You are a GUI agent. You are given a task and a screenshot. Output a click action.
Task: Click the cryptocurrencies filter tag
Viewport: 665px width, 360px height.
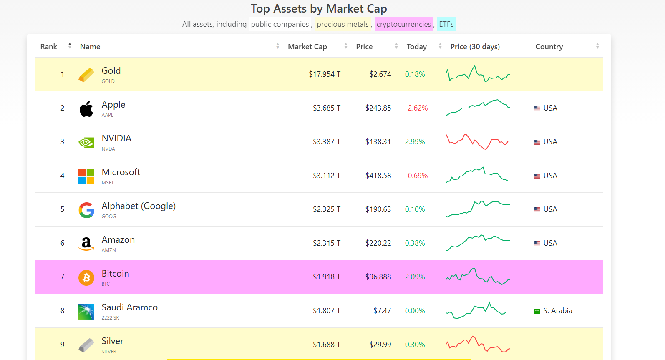[403, 24]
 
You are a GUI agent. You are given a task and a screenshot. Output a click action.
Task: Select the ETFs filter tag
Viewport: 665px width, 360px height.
[446, 24]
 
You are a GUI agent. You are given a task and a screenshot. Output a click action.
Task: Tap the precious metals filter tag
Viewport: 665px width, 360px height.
[343, 24]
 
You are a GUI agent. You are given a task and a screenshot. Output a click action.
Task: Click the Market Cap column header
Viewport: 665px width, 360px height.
[307, 47]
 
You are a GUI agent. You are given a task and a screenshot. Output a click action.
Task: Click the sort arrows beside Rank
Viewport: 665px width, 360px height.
[70, 46]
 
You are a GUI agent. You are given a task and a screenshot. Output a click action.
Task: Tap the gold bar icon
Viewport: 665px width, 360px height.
[86, 75]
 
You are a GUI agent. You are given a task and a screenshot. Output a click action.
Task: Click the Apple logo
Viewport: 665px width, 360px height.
[86, 109]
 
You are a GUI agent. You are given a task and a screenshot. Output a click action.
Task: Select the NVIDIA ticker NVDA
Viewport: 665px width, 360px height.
[108, 149]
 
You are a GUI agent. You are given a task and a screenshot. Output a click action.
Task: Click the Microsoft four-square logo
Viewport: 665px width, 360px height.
[86, 176]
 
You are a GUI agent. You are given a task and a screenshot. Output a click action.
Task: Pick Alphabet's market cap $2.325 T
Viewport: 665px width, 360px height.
[327, 209]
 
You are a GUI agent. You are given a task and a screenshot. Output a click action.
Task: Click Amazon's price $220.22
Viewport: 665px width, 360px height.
[378, 243]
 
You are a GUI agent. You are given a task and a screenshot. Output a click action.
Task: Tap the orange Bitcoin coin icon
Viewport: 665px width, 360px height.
[86, 277]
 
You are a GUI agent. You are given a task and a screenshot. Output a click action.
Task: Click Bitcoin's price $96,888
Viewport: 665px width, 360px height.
[378, 277]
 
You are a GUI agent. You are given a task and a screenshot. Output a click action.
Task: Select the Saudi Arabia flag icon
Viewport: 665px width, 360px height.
[537, 311]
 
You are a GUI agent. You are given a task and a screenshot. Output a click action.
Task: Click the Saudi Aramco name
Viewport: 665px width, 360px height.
[129, 307]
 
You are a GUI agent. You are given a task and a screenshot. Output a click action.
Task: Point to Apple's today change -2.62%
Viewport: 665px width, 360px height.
[416, 108]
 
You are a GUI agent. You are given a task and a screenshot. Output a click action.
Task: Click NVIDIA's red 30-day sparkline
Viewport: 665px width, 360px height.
[478, 141]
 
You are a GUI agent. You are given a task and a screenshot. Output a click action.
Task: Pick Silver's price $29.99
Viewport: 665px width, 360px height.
[380, 345]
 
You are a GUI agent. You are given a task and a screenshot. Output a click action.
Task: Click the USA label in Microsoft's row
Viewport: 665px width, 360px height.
[550, 176]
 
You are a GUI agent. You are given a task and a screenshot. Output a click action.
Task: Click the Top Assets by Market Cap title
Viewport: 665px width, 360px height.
[319, 9]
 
